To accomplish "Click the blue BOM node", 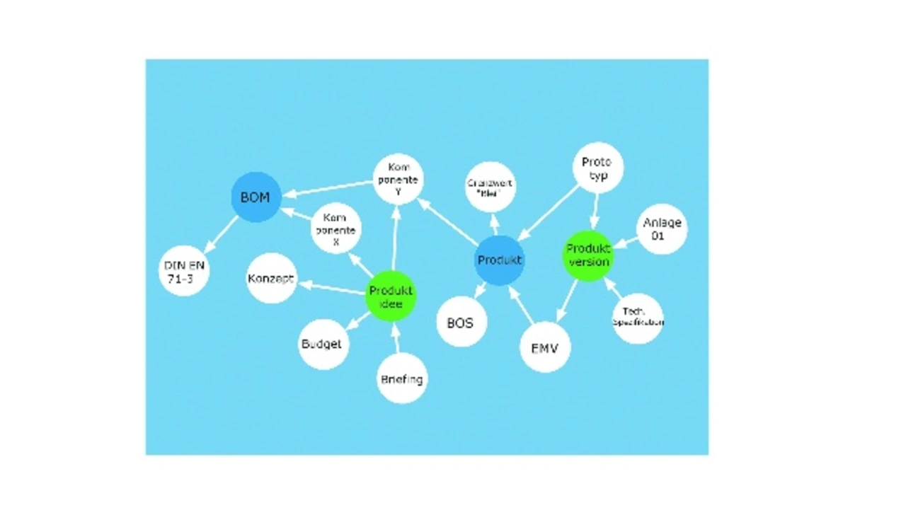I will coord(256,197).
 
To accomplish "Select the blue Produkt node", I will coord(500,260).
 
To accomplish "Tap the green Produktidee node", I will coord(391,296).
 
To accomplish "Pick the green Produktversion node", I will coord(588,255).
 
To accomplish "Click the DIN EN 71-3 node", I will coord(184,271).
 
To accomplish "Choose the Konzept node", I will coord(271,278).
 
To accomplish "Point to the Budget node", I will coord(323,344).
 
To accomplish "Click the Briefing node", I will coord(402,378).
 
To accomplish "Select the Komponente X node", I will coord(336,229).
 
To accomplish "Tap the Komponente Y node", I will coord(398,179).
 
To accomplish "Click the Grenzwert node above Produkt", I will coord(491,187).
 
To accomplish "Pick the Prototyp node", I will coord(597,168).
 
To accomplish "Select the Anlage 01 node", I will coord(662,228).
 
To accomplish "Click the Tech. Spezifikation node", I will coord(638,318).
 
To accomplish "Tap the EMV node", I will coord(545,347).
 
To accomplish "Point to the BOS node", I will coord(461,322).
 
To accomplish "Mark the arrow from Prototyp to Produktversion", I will coord(594,210).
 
